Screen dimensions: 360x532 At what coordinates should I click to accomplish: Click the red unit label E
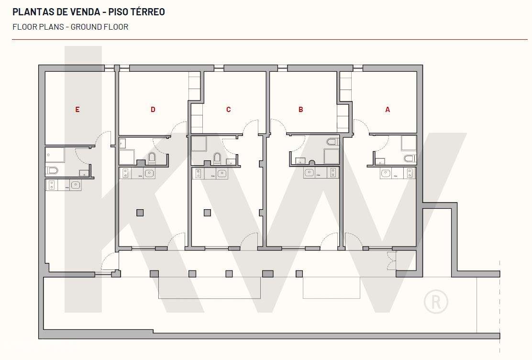[x=77, y=110]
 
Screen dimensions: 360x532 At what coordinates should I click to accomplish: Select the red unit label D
[x=153, y=110]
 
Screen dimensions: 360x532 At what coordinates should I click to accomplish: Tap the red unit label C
[x=228, y=110]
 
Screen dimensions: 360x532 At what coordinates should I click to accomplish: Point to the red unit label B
[x=301, y=110]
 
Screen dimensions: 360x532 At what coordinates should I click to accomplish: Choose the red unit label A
[x=388, y=110]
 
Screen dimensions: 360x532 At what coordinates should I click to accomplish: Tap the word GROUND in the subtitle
[x=87, y=27]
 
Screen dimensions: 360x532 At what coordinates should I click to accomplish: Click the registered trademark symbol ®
[x=436, y=302]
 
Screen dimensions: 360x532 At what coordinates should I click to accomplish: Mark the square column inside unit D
[x=140, y=213]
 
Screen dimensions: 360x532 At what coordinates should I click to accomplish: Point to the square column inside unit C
[x=207, y=213]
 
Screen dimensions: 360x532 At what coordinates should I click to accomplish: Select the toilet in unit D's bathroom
[x=152, y=157]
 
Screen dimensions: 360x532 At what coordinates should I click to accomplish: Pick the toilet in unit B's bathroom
[x=332, y=142]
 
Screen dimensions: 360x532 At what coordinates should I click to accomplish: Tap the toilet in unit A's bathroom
[x=410, y=158]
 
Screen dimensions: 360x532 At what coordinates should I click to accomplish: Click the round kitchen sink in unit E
[x=76, y=184]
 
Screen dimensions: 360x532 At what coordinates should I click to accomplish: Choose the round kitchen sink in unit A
[x=386, y=172]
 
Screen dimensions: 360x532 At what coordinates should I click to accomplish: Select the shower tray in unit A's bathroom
[x=408, y=143]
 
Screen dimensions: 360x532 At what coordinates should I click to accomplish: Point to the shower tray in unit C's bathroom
[x=199, y=144]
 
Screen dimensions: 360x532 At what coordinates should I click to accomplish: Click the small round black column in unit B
[x=311, y=162]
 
